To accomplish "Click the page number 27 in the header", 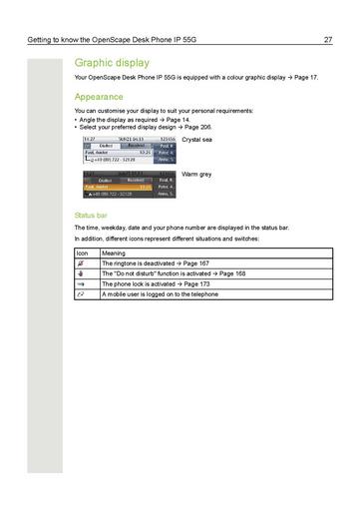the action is point(328,40).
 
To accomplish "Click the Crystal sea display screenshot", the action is point(128,149).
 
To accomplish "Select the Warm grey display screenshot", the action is point(128,184).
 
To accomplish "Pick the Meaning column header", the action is point(114,254).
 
